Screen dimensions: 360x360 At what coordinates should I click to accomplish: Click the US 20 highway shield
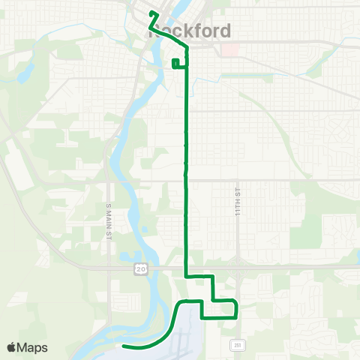(x=140, y=268)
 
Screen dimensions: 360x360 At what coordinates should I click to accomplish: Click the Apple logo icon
(x=12, y=347)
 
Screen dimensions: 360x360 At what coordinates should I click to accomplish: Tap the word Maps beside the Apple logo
(x=33, y=347)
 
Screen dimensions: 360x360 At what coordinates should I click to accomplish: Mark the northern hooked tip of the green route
(x=152, y=13)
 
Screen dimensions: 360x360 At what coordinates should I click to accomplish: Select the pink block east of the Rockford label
(x=228, y=49)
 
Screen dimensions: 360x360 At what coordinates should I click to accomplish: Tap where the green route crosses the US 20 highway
(x=186, y=265)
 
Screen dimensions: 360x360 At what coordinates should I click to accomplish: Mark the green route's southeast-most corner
(x=236, y=316)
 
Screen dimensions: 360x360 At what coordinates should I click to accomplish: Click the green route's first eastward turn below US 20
(x=186, y=277)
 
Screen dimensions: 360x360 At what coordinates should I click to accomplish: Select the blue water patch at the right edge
(x=357, y=259)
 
